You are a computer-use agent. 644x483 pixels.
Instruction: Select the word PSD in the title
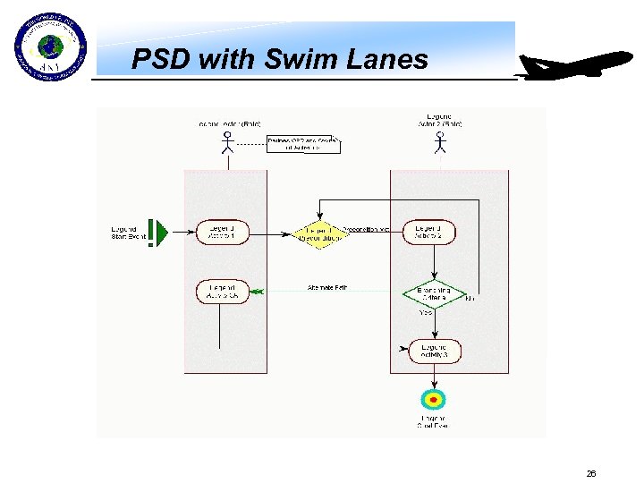(x=162, y=60)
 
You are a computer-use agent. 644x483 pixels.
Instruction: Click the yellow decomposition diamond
(x=319, y=233)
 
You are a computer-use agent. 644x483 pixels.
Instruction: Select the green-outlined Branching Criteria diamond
(x=433, y=294)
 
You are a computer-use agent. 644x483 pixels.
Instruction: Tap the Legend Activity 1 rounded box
(x=222, y=233)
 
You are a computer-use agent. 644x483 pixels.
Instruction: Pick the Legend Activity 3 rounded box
(x=434, y=351)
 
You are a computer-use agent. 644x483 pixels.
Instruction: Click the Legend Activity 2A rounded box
(x=222, y=292)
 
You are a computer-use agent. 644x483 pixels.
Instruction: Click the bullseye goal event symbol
(x=433, y=400)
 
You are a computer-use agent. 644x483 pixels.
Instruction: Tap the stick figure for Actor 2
(x=439, y=143)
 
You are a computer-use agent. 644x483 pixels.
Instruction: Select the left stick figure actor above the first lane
(x=227, y=143)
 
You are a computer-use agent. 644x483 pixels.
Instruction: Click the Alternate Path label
(x=326, y=288)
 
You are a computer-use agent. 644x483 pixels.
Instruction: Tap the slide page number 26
(x=590, y=473)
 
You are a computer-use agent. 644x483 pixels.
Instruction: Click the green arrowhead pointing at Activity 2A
(x=257, y=292)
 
